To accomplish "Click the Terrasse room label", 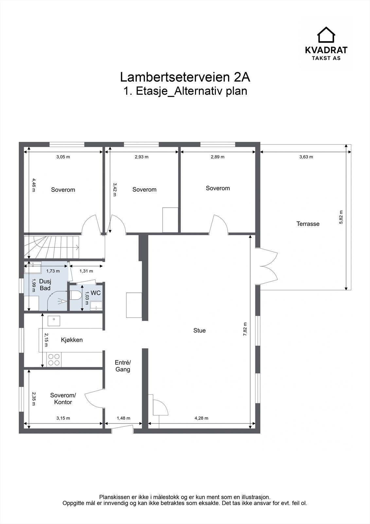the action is (x=308, y=224).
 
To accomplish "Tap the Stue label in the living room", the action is (x=199, y=330).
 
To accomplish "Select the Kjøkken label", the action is (x=72, y=340).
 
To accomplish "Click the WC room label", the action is (x=96, y=293).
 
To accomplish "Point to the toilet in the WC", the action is (x=74, y=295).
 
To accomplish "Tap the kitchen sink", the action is (x=54, y=321).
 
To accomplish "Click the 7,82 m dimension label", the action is (x=245, y=329).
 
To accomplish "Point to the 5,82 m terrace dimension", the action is (x=341, y=217).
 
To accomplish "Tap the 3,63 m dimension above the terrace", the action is (x=306, y=157).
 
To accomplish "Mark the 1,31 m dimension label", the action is (x=86, y=271).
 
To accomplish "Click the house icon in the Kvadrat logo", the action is (x=326, y=35).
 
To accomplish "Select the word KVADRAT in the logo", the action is (x=326, y=50).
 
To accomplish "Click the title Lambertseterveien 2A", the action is (x=185, y=77).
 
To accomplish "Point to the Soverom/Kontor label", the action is (x=63, y=399).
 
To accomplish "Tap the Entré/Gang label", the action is (x=123, y=366).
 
